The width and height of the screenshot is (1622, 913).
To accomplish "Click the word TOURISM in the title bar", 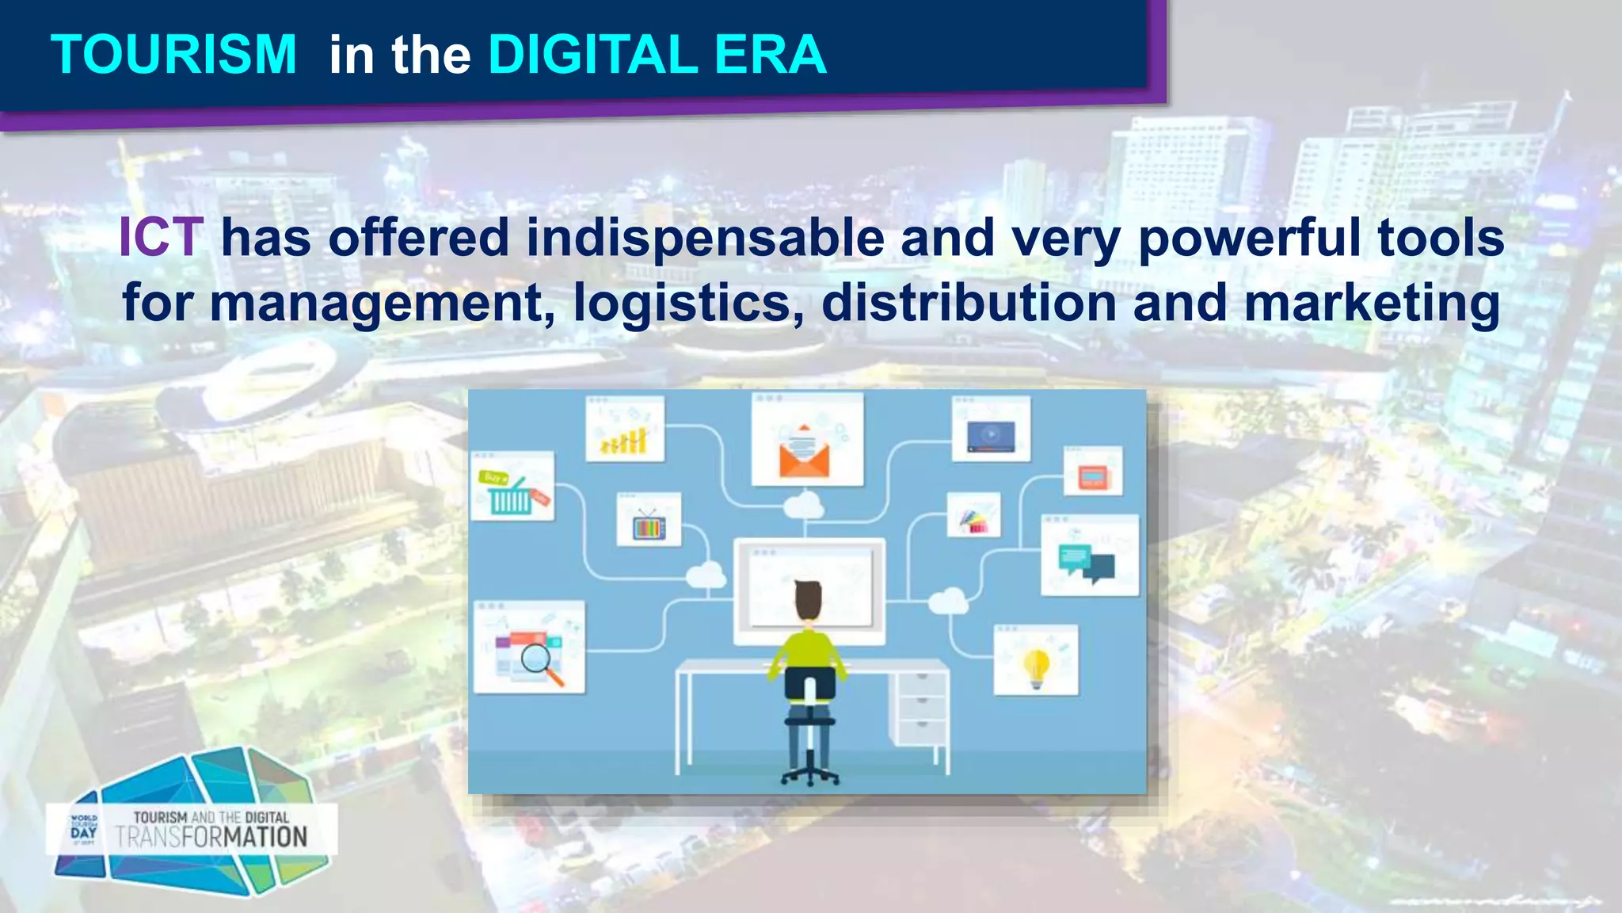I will point(173,55).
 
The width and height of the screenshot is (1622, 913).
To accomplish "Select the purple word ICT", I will point(161,237).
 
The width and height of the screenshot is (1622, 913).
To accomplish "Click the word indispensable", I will point(705,239).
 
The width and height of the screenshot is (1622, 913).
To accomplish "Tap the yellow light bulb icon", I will point(1036,667).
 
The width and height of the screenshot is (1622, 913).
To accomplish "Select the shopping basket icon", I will point(510,496).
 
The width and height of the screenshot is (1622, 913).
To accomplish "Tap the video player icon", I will point(990,436).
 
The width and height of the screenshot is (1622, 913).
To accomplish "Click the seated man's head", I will point(808,600).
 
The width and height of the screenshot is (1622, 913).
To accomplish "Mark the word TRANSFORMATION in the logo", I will point(211,838).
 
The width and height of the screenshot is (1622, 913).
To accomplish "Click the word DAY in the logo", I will point(83,833).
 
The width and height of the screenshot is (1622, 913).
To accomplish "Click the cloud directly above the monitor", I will point(804,505).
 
